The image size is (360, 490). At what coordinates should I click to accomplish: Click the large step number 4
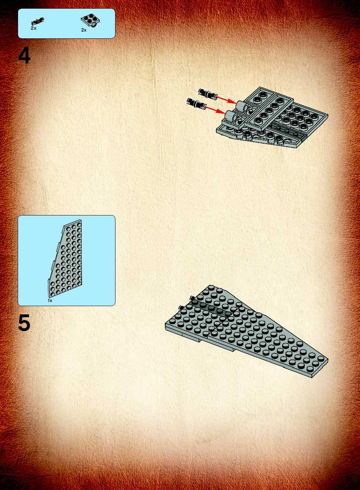pos(24,56)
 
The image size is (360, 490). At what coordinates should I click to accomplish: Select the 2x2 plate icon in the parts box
pos(91,21)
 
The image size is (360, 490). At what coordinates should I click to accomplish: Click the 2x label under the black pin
pos(33,28)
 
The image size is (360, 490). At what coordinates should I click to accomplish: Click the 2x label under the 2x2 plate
pos(84,30)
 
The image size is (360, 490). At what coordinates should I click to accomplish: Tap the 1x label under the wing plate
pos(50,300)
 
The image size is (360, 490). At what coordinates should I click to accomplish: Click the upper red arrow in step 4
pos(226,99)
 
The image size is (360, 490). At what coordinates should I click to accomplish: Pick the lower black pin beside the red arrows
pos(196,104)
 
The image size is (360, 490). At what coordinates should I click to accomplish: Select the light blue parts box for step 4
pos(67,24)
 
